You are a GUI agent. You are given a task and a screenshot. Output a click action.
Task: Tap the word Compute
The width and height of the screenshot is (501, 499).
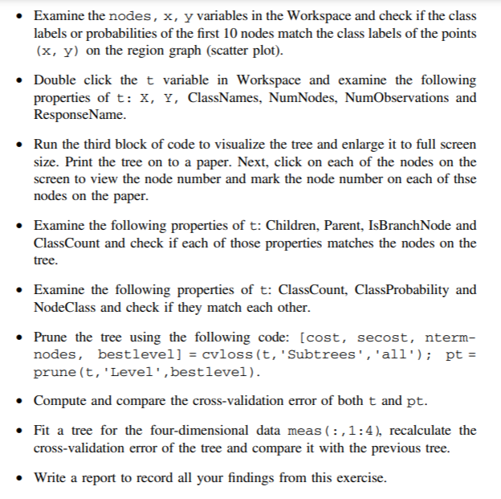click(x=59, y=400)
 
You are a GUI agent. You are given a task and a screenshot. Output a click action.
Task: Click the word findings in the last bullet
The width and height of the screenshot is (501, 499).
click(x=254, y=477)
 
